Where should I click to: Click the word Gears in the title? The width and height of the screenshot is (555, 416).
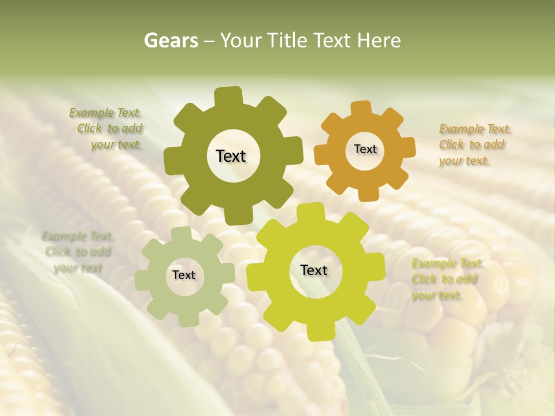click(x=171, y=41)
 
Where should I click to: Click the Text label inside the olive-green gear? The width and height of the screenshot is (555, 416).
click(x=231, y=156)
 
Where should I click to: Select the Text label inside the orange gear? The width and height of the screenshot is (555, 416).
click(x=365, y=149)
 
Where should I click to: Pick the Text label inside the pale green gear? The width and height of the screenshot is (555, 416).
click(x=184, y=275)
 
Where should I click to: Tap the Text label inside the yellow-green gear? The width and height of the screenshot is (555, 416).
click(x=314, y=270)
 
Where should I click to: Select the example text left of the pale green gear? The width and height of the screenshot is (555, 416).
click(x=78, y=252)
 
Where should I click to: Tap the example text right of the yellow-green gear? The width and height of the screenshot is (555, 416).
click(x=447, y=280)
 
